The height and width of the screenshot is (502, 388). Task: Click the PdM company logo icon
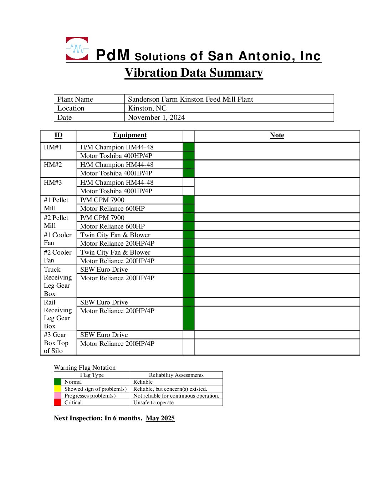click(77, 49)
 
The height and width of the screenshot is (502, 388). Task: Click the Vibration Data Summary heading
click(194, 73)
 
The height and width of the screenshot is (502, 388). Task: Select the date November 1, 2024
click(156, 117)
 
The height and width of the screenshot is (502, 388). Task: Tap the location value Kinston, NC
click(147, 108)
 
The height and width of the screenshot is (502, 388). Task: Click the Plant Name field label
click(75, 99)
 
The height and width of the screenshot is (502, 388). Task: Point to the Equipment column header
click(130, 135)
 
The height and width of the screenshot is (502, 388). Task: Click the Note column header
click(277, 135)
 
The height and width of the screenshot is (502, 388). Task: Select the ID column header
click(58, 135)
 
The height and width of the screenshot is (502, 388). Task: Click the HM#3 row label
click(53, 183)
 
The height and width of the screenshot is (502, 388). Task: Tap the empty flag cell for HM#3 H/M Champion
click(189, 182)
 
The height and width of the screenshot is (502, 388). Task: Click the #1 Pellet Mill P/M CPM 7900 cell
click(102, 200)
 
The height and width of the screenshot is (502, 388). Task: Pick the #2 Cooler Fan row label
click(57, 256)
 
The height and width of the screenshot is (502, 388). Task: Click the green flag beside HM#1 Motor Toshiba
click(189, 156)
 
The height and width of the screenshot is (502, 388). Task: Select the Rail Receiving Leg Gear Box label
click(57, 314)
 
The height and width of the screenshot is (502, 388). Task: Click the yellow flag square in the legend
click(57, 389)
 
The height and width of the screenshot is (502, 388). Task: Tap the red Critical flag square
click(57, 403)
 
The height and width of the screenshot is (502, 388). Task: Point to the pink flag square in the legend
click(57, 396)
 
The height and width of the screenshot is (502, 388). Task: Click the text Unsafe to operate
click(153, 403)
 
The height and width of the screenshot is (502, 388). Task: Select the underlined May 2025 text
click(160, 418)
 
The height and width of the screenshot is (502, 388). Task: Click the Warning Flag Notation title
click(85, 368)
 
